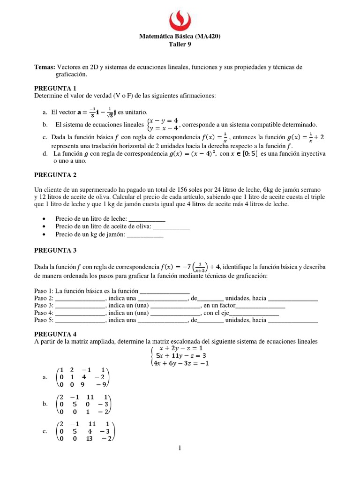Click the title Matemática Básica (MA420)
(x=180, y=36)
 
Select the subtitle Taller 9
(x=180, y=45)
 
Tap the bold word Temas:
(x=45, y=67)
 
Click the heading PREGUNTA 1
(x=55, y=88)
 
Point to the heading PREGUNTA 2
(x=55, y=175)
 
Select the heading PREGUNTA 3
(x=55, y=250)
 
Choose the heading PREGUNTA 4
(x=55, y=334)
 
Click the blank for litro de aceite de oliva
(x=172, y=226)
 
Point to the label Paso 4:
(x=44, y=313)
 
